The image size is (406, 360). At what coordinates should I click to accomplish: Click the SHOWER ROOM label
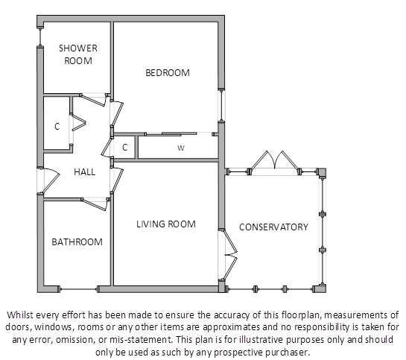(78, 54)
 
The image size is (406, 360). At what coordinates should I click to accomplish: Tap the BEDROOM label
(168, 73)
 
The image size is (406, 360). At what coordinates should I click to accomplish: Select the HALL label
(84, 171)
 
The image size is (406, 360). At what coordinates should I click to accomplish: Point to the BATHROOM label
(77, 242)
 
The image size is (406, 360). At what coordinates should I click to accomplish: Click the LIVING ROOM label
(166, 224)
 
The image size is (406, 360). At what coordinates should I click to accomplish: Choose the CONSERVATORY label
(273, 227)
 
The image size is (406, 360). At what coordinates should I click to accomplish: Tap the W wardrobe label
(181, 148)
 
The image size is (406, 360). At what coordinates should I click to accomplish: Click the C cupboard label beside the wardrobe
(125, 147)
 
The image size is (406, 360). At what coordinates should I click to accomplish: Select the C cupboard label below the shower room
(57, 127)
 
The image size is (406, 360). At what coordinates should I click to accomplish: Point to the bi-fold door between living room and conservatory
(230, 255)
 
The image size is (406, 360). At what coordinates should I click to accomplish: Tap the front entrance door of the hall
(51, 180)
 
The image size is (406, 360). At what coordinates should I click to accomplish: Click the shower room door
(94, 100)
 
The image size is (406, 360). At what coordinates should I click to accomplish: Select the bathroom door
(95, 204)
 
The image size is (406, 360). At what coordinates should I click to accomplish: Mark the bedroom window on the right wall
(221, 105)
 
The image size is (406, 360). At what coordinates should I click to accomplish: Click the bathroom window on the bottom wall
(78, 289)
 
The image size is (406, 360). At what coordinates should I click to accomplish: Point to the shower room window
(40, 37)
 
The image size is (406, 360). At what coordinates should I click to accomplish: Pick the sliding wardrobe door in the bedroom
(171, 134)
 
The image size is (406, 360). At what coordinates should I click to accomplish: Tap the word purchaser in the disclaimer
(288, 353)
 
